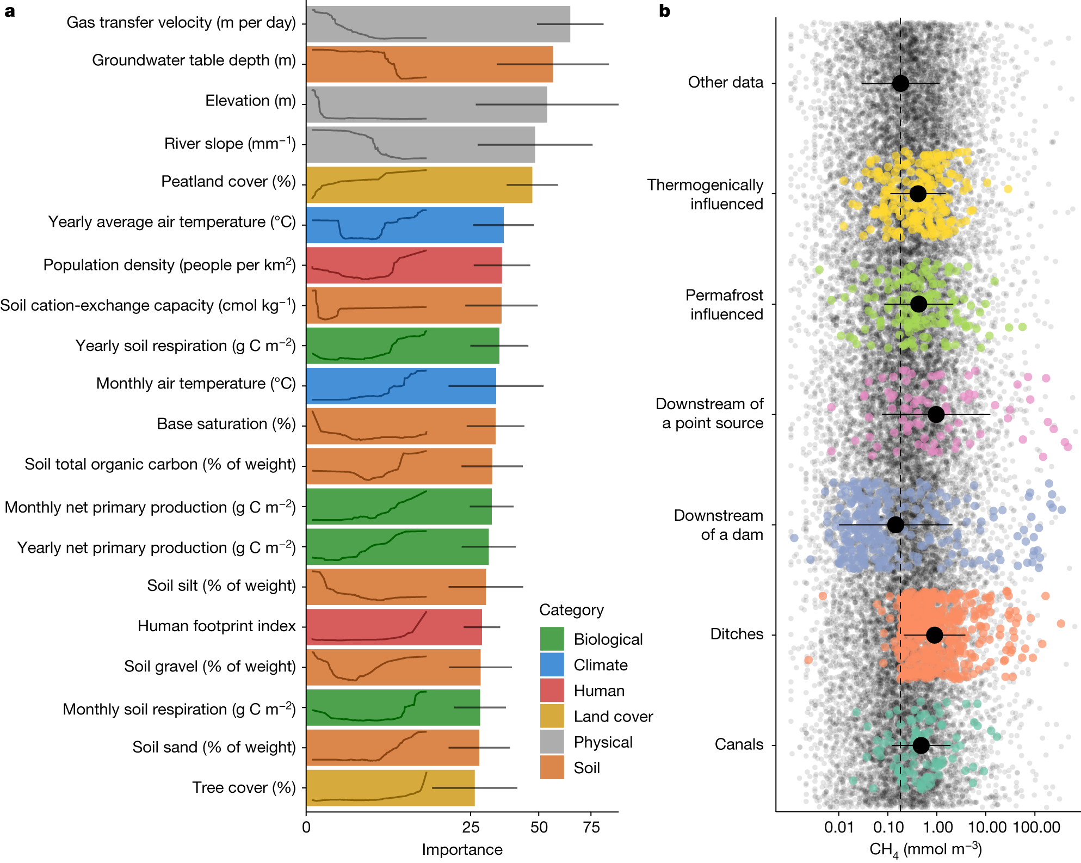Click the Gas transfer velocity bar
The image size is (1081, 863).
438,24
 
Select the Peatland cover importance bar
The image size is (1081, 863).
419,185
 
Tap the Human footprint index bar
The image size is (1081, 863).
394,627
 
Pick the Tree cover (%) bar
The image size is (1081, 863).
390,787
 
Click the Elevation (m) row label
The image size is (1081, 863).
250,101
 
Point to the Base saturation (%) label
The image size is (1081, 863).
226,424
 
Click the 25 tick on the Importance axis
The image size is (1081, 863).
471,828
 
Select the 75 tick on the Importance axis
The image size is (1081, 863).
591,828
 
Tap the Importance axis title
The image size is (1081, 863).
462,849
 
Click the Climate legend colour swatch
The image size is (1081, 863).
552,665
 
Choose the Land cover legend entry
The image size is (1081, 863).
613,717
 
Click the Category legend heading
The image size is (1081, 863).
571,610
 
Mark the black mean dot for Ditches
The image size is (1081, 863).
934,634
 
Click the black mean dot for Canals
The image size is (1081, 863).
921,745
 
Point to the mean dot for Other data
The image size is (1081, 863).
900,83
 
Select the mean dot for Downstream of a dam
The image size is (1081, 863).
895,525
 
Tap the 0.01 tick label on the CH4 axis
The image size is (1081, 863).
839,828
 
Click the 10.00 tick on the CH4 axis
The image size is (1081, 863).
987,828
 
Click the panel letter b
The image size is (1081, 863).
664,11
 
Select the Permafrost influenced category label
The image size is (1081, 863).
724,305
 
